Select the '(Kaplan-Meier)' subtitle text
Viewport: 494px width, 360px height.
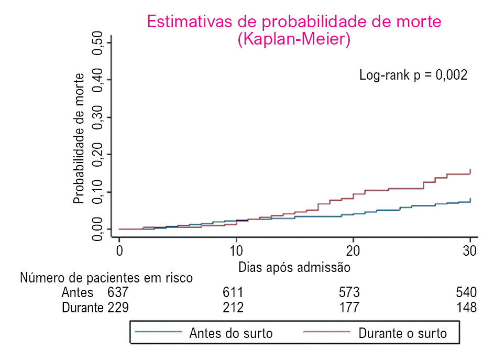pos(294,40)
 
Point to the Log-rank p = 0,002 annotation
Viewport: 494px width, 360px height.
pos(413,75)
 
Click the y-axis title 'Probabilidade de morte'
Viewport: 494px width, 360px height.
pos(79,138)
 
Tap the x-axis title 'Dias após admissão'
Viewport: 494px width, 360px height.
pos(294,267)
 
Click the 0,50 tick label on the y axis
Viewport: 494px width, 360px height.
pos(98,42)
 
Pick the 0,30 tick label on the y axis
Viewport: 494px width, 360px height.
pos(98,117)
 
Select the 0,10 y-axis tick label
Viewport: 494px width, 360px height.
pos(98,192)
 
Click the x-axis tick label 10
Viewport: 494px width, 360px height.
pos(236,250)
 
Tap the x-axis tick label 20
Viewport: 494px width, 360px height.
pos(353,250)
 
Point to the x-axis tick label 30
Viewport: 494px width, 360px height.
pos(470,250)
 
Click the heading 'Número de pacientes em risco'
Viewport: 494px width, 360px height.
pos(106,278)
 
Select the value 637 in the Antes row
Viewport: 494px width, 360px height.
pos(118,292)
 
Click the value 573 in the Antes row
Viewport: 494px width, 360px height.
pos(349,292)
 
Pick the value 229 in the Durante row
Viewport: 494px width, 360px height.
pos(118,308)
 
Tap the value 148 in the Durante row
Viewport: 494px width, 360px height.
pos(466,308)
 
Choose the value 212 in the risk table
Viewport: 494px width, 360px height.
pos(233,308)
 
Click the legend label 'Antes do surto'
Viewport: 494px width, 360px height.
pos(231,333)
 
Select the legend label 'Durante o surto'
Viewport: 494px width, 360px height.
pos(403,333)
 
